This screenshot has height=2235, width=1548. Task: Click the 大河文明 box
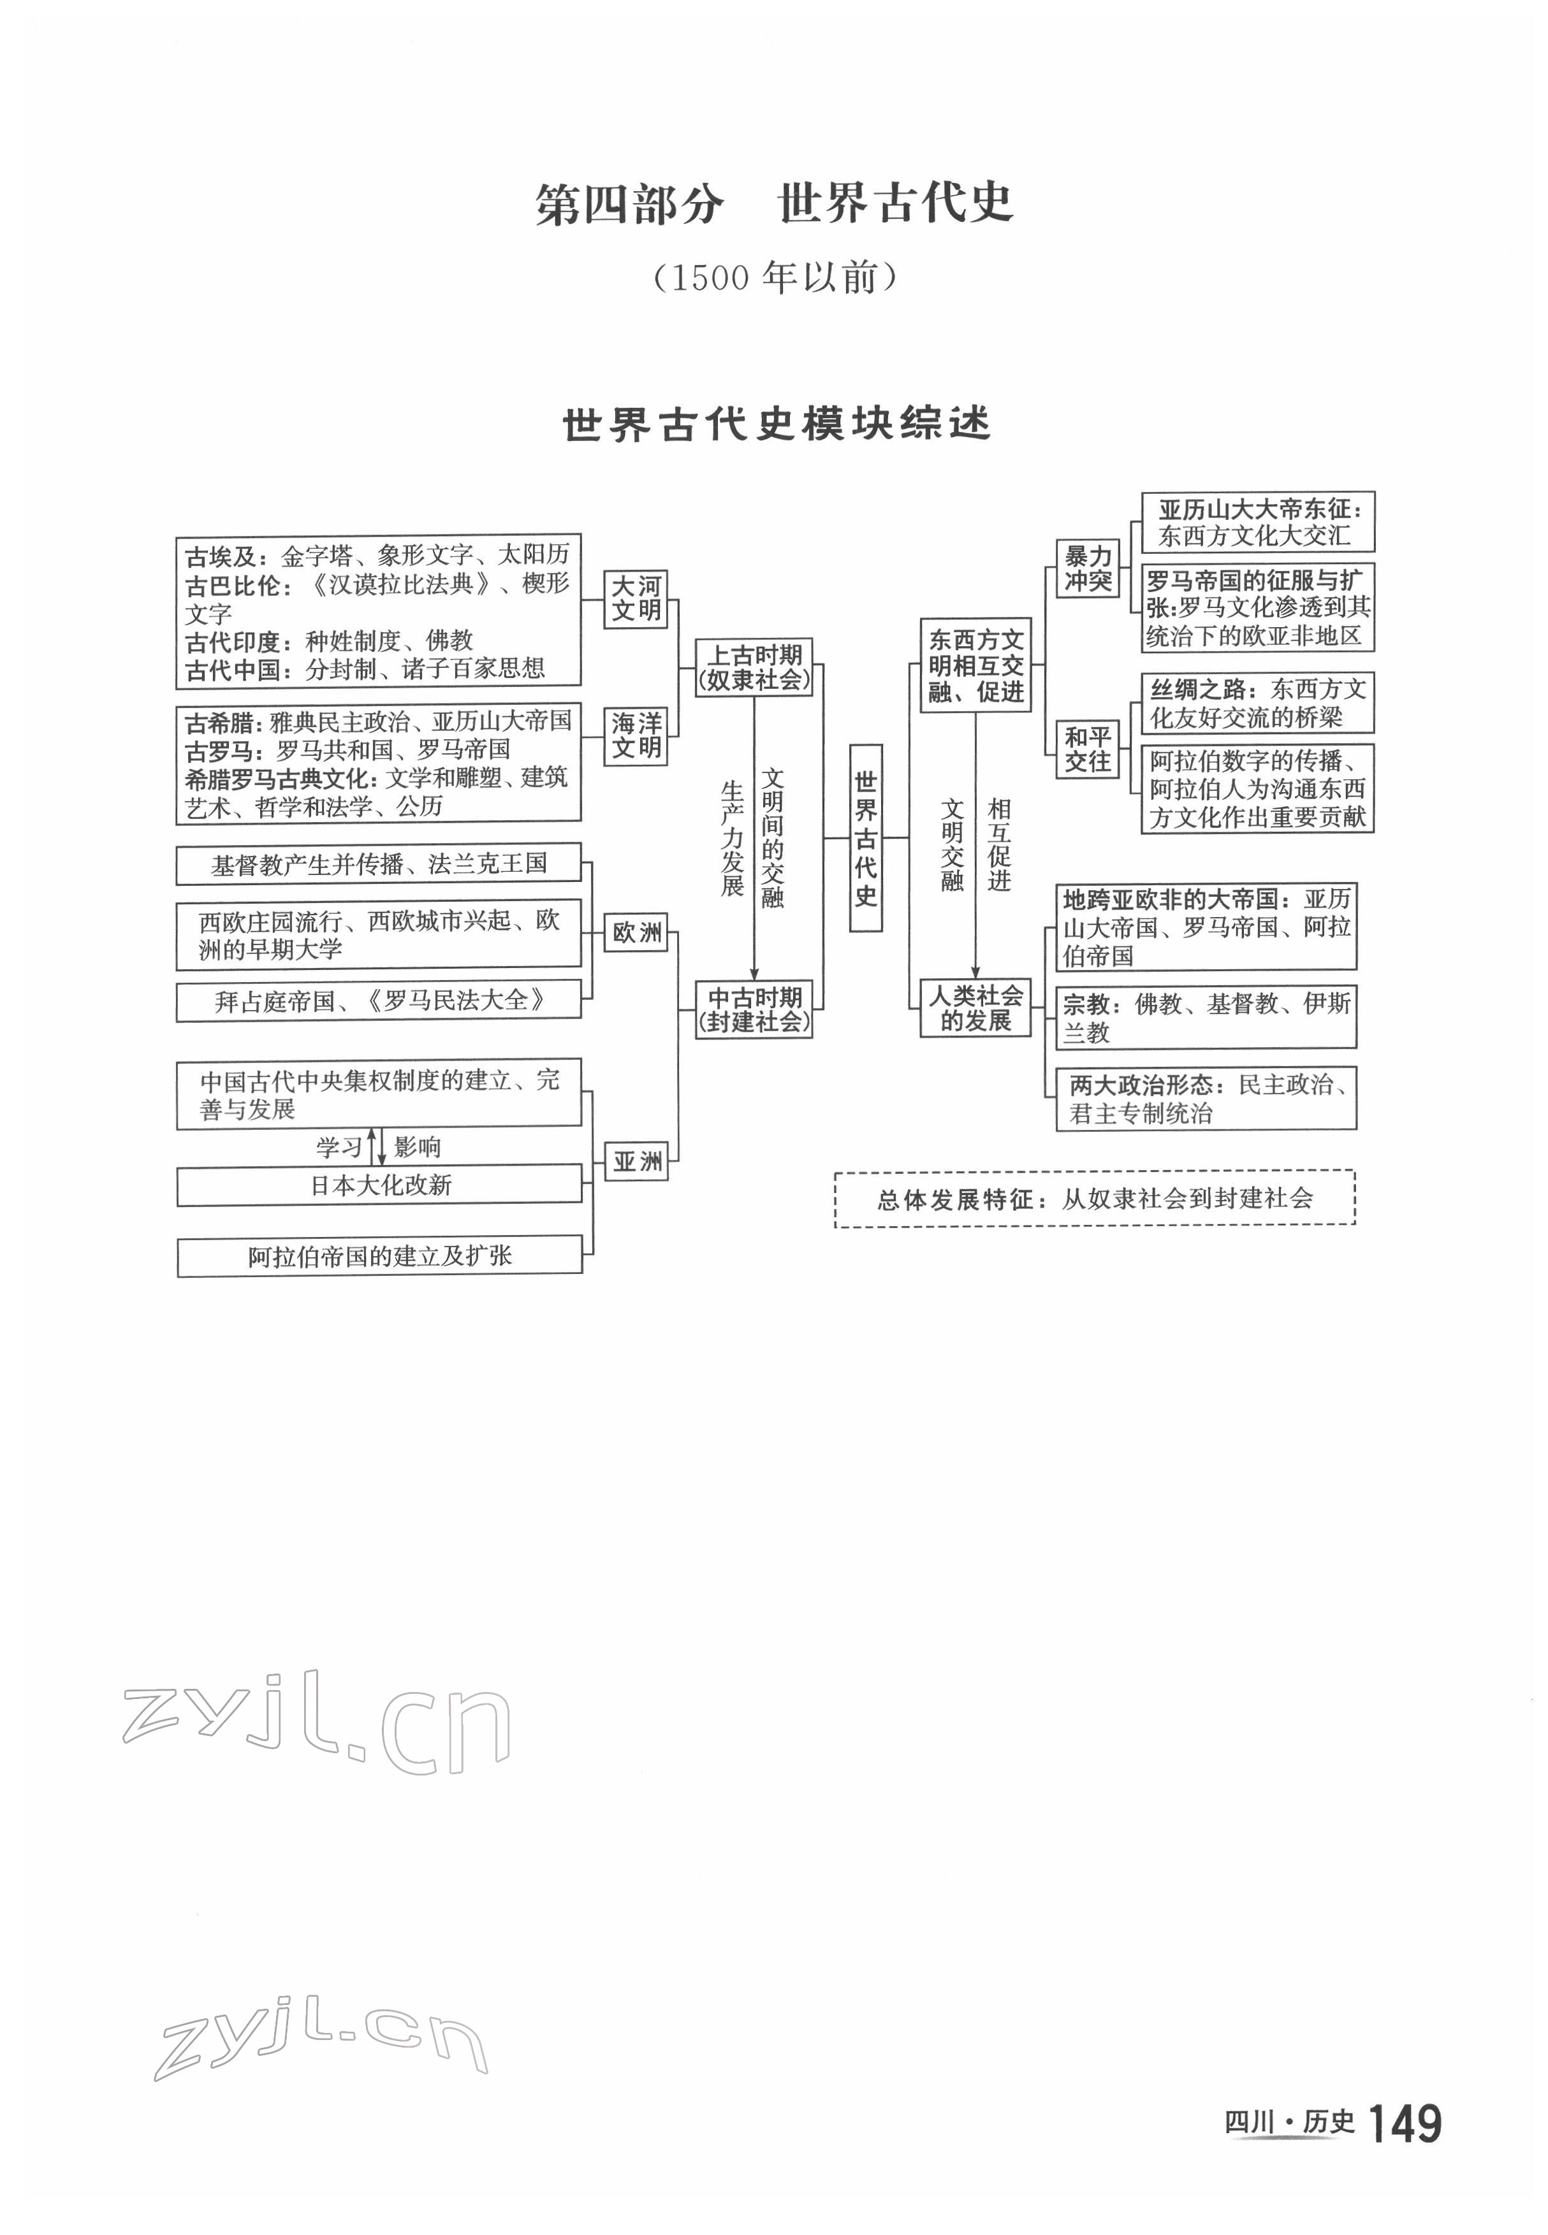tap(636, 599)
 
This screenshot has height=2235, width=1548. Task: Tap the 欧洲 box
tap(636, 933)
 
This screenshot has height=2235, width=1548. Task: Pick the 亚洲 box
tap(636, 1161)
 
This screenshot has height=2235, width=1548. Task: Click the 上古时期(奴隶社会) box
tap(754, 667)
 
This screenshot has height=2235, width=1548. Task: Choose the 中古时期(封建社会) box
tap(754, 1009)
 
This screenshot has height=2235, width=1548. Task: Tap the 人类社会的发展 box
tap(975, 1008)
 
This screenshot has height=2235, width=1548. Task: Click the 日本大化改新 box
tap(379, 1185)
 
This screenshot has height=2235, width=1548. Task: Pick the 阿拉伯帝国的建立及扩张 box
tap(379, 1257)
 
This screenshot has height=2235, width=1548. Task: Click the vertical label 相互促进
tap(999, 844)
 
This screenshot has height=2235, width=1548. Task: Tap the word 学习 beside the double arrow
tap(339, 1148)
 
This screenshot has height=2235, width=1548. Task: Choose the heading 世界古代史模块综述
tap(776, 424)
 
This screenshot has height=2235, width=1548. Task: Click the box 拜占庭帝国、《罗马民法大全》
tap(379, 1001)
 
